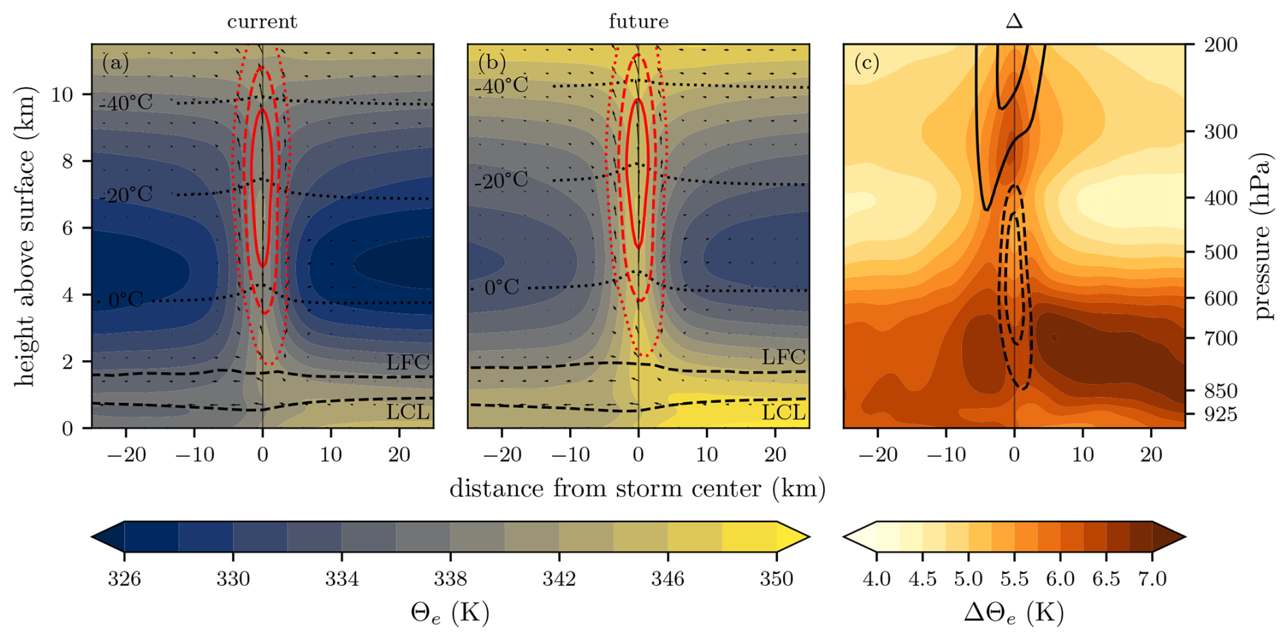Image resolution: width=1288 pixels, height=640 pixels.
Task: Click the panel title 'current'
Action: (262, 22)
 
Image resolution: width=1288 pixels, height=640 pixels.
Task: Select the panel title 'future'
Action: (639, 22)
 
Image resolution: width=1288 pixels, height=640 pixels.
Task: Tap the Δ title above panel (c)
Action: (1014, 22)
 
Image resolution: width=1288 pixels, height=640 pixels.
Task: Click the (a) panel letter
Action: (115, 63)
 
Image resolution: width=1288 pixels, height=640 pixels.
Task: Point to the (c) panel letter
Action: (867, 63)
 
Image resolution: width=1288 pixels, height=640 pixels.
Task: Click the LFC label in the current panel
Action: (408, 362)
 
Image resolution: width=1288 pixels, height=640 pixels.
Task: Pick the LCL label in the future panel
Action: (784, 412)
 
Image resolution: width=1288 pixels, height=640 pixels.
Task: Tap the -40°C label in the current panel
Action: (126, 103)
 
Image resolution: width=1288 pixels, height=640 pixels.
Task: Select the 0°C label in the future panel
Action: (502, 288)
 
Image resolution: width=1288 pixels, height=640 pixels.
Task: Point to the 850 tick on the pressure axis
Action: (1221, 391)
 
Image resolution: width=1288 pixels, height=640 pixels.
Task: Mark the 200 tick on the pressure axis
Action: (1221, 45)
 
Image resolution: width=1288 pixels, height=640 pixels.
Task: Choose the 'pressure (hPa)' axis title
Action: (1264, 236)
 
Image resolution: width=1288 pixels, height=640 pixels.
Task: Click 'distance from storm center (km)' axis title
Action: (637, 489)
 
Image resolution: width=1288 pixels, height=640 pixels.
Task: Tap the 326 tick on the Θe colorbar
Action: (124, 579)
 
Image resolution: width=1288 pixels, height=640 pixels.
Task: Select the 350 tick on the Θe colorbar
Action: (776, 579)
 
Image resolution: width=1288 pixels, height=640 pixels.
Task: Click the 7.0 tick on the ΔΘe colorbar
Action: (1152, 579)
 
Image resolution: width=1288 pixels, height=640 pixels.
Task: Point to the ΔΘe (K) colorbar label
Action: (1014, 613)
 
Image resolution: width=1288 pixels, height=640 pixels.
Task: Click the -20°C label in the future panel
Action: (502, 180)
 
